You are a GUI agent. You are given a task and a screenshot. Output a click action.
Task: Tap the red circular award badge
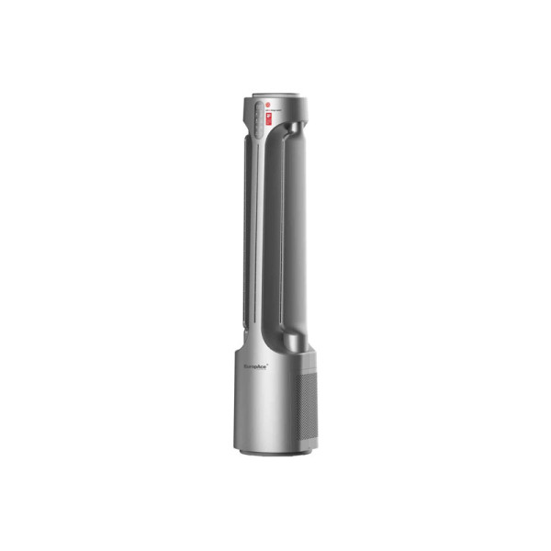(268, 106)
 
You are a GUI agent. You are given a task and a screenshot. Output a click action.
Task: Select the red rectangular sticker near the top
(269, 118)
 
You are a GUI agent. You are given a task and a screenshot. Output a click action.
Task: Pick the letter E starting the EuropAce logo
(247, 365)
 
